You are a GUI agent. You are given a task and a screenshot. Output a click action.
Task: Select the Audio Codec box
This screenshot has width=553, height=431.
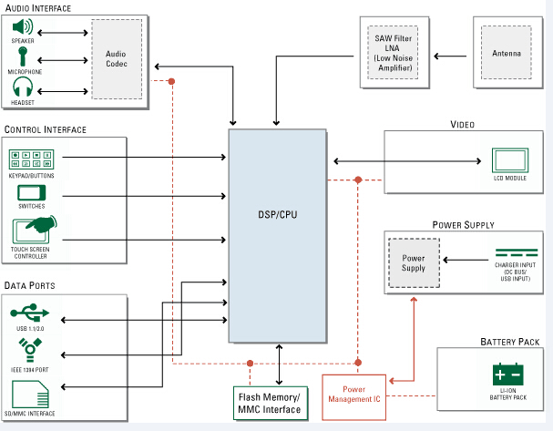coord(116,57)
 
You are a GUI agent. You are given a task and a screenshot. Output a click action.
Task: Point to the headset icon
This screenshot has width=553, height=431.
coord(24,87)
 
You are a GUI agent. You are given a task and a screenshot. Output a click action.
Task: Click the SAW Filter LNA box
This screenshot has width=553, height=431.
coord(394,51)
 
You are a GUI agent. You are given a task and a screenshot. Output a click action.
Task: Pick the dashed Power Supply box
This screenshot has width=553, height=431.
coord(414,263)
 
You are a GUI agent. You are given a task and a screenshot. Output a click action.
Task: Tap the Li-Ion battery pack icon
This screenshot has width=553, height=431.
coord(507,375)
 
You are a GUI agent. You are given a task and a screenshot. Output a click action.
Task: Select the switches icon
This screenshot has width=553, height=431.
coord(30,192)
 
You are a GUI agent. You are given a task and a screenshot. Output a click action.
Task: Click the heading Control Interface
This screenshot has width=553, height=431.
coord(46,130)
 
